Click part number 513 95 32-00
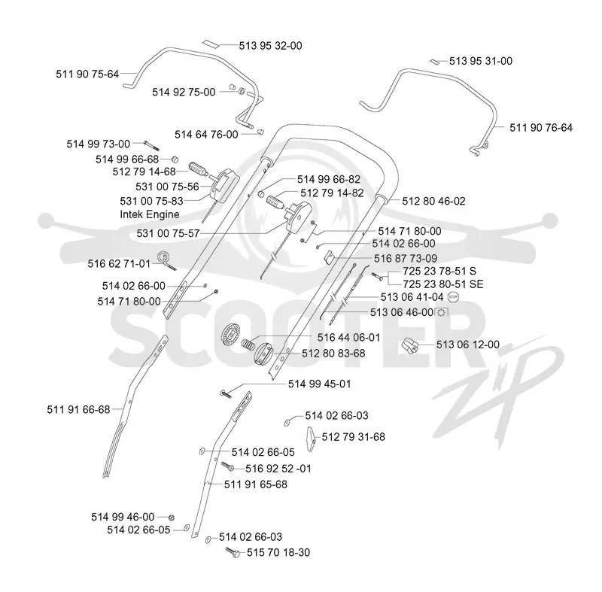tap(270, 46)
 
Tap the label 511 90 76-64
tap(541, 128)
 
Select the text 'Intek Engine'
tap(149, 214)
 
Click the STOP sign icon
tap(454, 296)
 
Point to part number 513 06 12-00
tap(467, 345)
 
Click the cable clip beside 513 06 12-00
tap(410, 345)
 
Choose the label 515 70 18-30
tap(278, 552)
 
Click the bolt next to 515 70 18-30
tap(233, 552)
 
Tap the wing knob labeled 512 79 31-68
tap(311, 439)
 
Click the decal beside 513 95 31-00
tap(434, 62)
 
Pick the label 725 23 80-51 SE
tap(443, 284)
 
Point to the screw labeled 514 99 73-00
tap(151, 146)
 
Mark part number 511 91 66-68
tap(78, 410)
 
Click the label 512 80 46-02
tap(434, 201)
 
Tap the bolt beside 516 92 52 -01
tap(228, 466)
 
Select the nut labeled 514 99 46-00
tap(172, 518)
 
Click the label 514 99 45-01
tap(319, 384)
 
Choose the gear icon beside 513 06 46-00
tap(442, 313)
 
